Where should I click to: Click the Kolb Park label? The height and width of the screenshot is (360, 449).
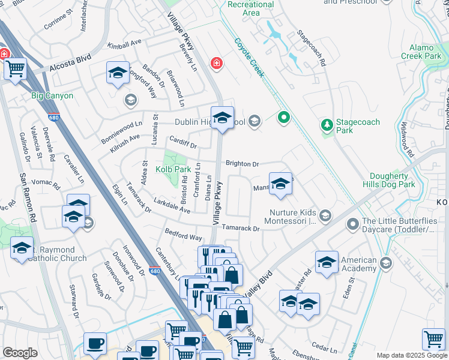point(173,170)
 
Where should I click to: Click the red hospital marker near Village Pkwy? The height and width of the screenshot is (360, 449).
point(215,63)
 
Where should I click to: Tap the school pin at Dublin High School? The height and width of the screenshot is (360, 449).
point(222,118)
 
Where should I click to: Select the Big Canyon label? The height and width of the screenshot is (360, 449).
point(52,95)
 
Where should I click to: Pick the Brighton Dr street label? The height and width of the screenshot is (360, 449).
point(242,163)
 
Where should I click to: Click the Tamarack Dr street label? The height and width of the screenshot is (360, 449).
point(240,228)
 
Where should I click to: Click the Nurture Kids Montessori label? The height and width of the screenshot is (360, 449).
point(292,217)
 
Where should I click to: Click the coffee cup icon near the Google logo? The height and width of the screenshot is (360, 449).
point(95,343)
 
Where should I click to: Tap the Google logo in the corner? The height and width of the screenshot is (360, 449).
point(20,353)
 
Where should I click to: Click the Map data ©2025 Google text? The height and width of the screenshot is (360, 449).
point(411,355)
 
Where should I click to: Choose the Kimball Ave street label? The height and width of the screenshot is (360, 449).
point(124,44)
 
